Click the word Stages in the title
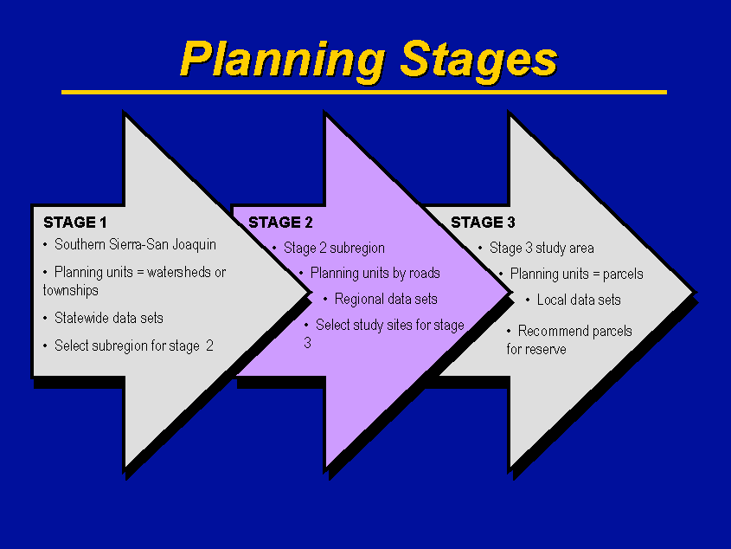[478, 60]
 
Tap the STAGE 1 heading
[75, 223]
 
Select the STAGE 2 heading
[280, 223]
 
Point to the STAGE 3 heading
[483, 223]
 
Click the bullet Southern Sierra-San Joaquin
[135, 244]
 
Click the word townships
[70, 290]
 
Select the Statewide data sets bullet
[109, 319]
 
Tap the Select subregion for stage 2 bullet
[134, 346]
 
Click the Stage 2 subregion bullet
[334, 248]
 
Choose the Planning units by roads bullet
[375, 273]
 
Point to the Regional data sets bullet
[386, 300]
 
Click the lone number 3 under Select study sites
[308, 343]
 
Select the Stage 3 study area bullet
[542, 248]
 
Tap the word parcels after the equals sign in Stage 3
[623, 274]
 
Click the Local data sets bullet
[579, 300]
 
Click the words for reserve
[536, 349]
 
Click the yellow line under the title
[364, 93]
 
